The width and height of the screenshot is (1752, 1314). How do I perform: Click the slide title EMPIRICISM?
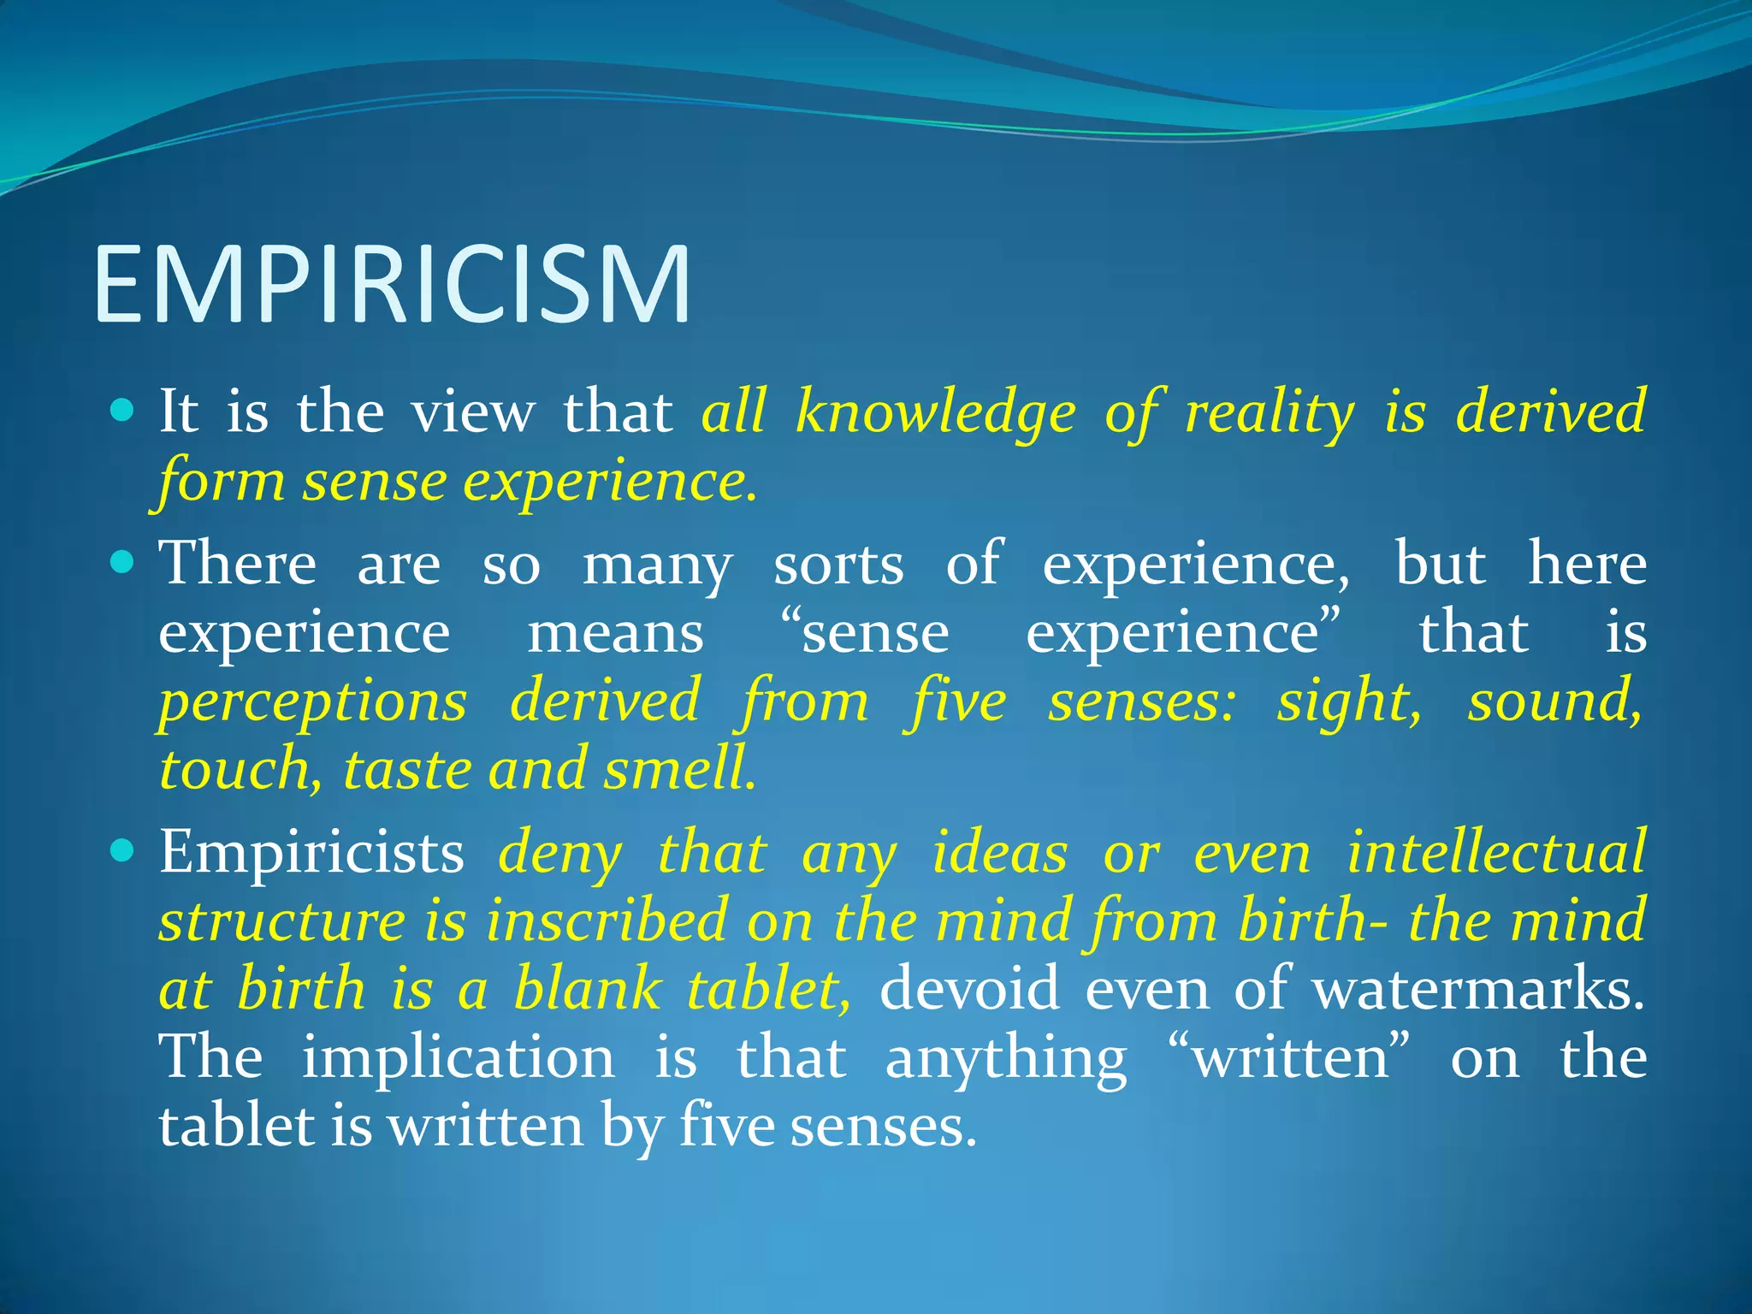coord(392,285)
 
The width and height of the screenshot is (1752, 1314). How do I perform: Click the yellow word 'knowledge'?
coord(935,412)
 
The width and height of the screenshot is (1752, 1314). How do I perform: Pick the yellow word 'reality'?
coord(1270,412)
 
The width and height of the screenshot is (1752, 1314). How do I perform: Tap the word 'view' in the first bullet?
coord(472,412)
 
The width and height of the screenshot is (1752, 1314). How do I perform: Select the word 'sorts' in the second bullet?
coord(838,565)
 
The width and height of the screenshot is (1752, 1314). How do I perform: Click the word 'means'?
coord(615,634)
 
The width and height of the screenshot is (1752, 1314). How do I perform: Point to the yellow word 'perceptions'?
coord(313,702)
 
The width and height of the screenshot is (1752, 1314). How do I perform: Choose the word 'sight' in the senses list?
coord(1349,702)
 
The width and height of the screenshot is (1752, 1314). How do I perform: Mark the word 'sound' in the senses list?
coord(1554,701)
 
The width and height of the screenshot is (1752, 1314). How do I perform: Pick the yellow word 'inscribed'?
coord(606,920)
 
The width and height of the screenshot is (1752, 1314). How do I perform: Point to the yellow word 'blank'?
coord(588,989)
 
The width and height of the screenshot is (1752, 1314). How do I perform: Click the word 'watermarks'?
coord(1477,989)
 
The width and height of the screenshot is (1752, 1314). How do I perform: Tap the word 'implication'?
coord(458,1058)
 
